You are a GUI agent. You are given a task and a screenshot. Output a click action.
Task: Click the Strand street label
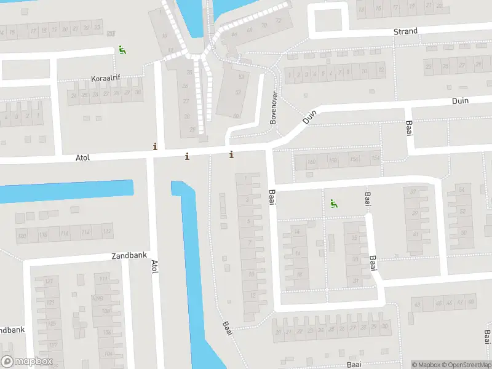pyautogui.click(x=405, y=31)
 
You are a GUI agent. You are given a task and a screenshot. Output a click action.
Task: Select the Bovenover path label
pyautogui.click(x=274, y=108)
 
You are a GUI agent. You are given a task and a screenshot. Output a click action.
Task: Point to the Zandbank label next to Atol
pyautogui.click(x=128, y=255)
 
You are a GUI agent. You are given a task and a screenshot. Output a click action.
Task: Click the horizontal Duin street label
pyautogui.click(x=460, y=101)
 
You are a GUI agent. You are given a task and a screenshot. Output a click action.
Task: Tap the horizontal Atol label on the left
pyautogui.click(x=82, y=158)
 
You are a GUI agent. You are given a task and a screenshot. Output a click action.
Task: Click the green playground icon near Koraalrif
pyautogui.click(x=122, y=50)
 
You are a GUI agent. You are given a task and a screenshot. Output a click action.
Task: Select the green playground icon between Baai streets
pyautogui.click(x=333, y=204)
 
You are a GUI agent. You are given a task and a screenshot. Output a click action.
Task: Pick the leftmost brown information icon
pyautogui.click(x=155, y=146)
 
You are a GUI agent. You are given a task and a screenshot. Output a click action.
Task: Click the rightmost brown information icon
pyautogui.click(x=231, y=154)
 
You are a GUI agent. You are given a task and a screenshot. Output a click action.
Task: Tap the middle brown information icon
pyautogui.click(x=187, y=156)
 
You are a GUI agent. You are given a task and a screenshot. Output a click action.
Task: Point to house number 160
pyautogui.click(x=312, y=162)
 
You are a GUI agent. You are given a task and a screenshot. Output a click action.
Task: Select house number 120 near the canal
pyautogui.click(x=23, y=236)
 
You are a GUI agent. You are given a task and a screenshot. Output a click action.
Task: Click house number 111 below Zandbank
pyautogui.click(x=103, y=279)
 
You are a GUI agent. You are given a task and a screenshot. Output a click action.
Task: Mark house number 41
pyautogui.click(x=416, y=234)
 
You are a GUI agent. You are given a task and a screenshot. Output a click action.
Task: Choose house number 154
pyautogui.click(x=375, y=159)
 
